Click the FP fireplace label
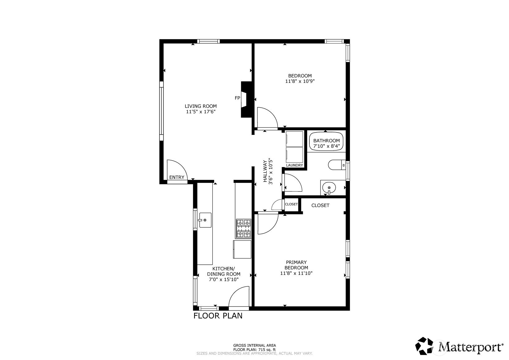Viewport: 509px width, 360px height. (x=237, y=98)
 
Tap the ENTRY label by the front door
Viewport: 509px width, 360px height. (x=177, y=178)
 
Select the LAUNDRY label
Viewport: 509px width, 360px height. (x=294, y=165)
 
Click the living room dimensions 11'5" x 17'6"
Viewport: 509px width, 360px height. (x=201, y=112)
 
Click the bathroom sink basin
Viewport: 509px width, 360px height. (x=329, y=188)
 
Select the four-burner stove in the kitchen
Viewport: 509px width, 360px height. (x=244, y=229)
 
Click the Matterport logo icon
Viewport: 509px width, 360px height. (x=424, y=346)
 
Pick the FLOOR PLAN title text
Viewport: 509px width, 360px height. (x=218, y=316)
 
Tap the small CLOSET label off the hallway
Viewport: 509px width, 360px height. (x=291, y=204)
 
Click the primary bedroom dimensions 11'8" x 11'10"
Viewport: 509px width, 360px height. (x=296, y=273)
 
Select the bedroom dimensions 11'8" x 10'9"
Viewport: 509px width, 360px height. (x=300, y=81)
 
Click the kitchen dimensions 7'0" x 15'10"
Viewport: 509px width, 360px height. (x=224, y=280)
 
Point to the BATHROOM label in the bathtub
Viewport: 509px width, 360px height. (x=327, y=140)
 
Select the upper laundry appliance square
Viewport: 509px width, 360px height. (x=295, y=139)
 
